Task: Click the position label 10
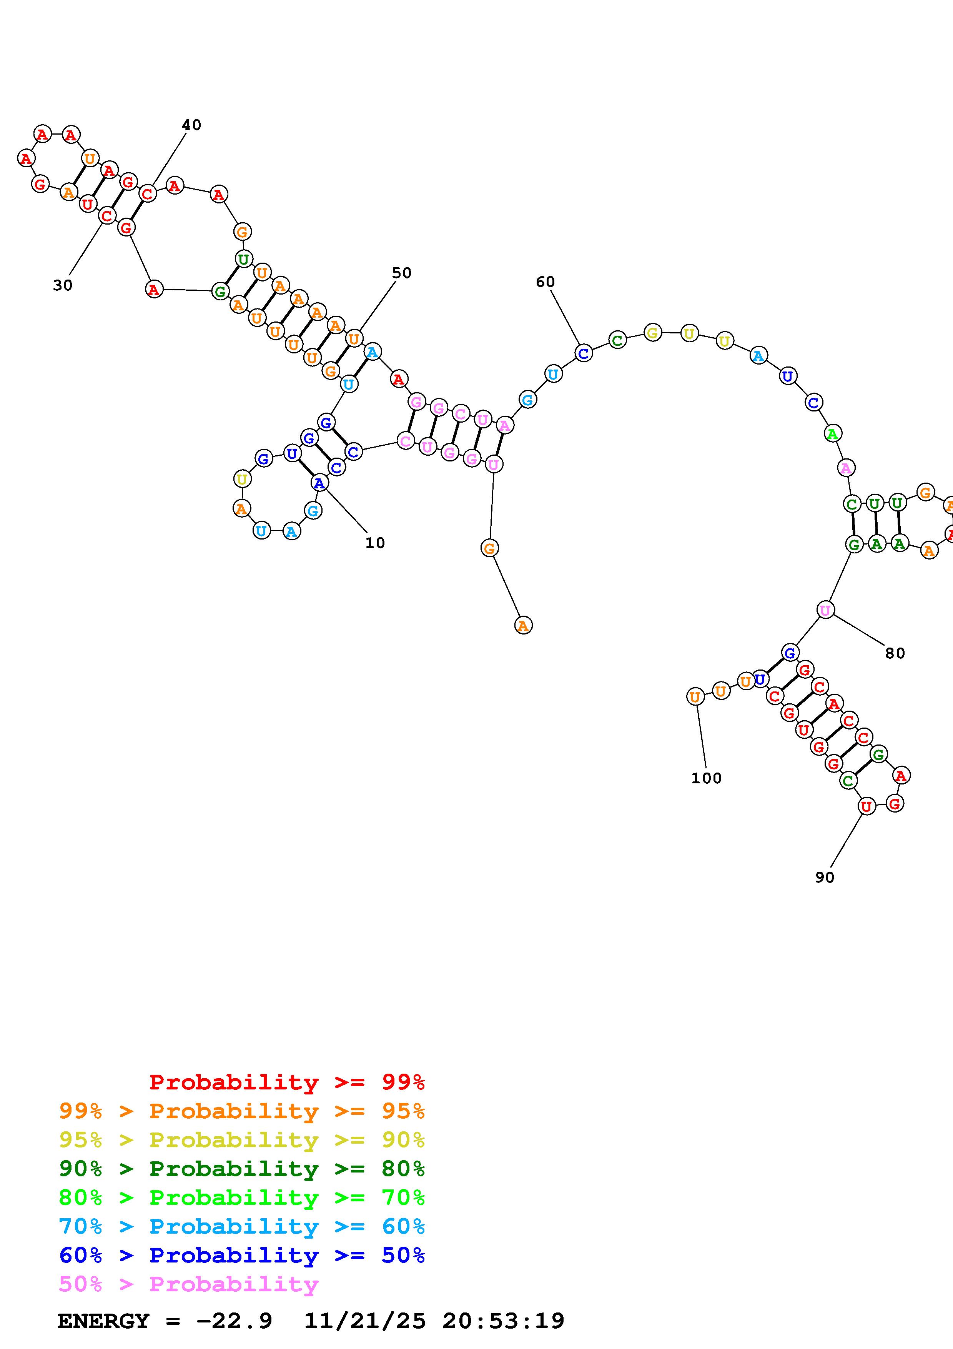click(x=374, y=543)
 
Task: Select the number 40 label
click(x=191, y=125)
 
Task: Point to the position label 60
click(x=545, y=282)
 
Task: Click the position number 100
click(x=706, y=778)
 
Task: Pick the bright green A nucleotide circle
click(x=832, y=434)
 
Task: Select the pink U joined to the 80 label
click(x=825, y=610)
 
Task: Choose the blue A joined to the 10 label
click(x=319, y=483)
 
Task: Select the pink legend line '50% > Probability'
click(x=188, y=1284)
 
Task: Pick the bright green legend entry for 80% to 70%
click(x=241, y=1197)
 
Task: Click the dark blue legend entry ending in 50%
click(x=241, y=1255)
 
